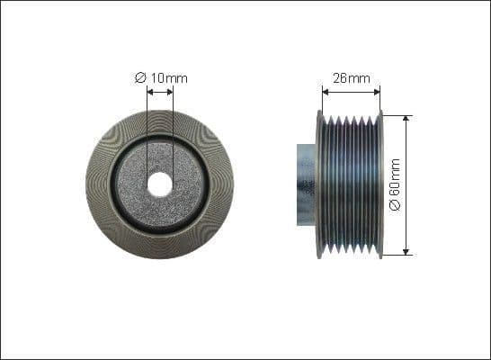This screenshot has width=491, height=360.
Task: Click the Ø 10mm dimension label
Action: pos(161,78)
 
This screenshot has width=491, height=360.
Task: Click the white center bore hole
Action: pos(160,184)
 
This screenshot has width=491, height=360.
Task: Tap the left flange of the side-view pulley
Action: pos(319,184)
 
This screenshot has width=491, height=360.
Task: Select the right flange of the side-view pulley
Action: pos(380,184)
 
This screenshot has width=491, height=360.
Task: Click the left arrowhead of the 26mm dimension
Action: pos(326,89)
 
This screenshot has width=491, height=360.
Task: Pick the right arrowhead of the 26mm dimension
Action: pos(378,89)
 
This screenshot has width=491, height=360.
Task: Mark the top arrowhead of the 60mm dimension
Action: pos(406,118)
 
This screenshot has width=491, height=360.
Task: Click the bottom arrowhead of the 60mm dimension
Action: pos(406,252)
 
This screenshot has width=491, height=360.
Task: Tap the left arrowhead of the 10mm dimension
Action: pos(150,89)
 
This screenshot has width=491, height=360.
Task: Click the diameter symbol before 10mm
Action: pos(140,78)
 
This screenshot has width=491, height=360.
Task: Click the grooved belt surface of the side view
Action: pos(350,184)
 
